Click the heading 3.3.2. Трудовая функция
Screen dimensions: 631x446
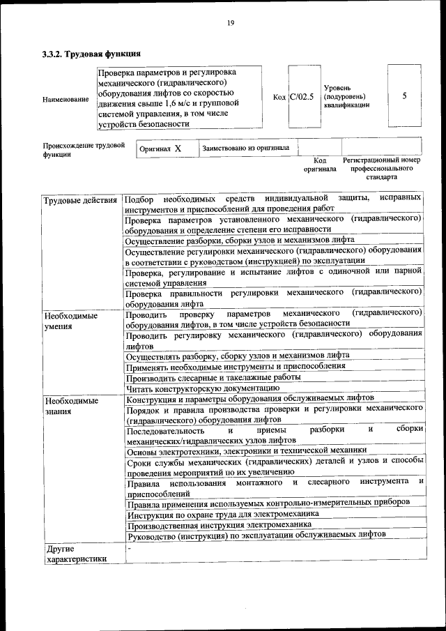click(x=92, y=54)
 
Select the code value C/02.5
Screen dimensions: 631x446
click(x=302, y=97)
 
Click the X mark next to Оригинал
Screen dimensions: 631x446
click(x=178, y=149)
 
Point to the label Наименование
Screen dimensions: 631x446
click(x=66, y=99)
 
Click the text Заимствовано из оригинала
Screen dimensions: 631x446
click(x=245, y=149)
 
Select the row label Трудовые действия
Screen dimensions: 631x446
click(x=80, y=202)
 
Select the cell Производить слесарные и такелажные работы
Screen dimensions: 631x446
click(x=213, y=377)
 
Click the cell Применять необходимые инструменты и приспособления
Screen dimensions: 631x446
click(x=235, y=365)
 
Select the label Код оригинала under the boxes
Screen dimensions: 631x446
click(x=319, y=165)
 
